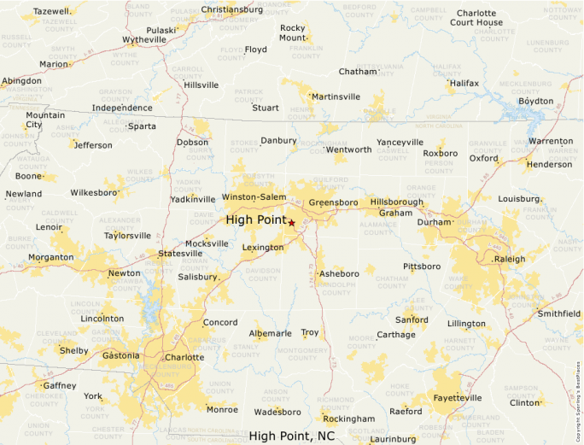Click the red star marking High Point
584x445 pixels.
[x=292, y=222]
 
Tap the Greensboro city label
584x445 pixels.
[x=333, y=202]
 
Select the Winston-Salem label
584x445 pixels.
[x=254, y=197]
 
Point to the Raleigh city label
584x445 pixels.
[x=510, y=258]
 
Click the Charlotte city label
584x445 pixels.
[x=184, y=358]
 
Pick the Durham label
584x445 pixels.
[x=433, y=221]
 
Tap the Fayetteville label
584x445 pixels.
[x=458, y=397]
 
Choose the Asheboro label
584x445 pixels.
[x=339, y=273]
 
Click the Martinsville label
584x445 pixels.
[x=336, y=97]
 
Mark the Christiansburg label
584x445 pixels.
[x=232, y=9]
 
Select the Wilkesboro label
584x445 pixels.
[x=93, y=193]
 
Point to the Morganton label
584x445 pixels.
[x=50, y=257]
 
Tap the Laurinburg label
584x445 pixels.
[x=393, y=439]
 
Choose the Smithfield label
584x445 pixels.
[x=558, y=313]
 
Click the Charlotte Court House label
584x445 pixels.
[x=476, y=18]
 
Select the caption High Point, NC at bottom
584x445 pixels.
[x=291, y=436]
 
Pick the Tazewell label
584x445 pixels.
[x=51, y=11]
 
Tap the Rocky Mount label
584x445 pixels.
[x=292, y=33]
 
